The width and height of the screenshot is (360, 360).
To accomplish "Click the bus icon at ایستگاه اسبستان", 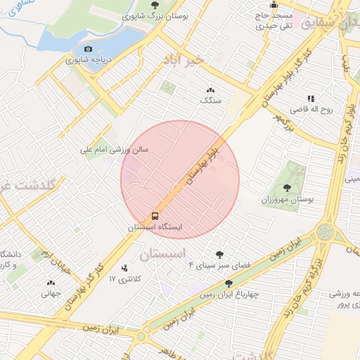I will tap(155, 216).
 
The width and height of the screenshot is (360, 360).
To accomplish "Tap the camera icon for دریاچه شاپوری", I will tap(88, 49).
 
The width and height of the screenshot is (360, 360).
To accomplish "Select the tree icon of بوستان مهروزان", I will tap(287, 188).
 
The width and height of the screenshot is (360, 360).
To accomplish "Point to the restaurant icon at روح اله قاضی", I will tap(310, 98).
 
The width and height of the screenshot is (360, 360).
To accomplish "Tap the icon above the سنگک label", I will tap(210, 90).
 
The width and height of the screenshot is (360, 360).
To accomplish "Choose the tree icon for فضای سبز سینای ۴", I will tap(221, 255).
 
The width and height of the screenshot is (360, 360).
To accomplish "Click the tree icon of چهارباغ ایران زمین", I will tap(229, 283).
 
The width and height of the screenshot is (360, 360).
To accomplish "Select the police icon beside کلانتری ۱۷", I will tap(124, 267).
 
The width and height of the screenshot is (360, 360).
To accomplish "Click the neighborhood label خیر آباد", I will tap(182, 60).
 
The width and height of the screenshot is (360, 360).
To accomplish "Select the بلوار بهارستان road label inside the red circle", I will tap(204, 164).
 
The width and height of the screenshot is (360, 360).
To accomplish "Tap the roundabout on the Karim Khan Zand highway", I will tap(326, 231).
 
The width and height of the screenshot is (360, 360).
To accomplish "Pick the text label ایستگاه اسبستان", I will tap(155, 229).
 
